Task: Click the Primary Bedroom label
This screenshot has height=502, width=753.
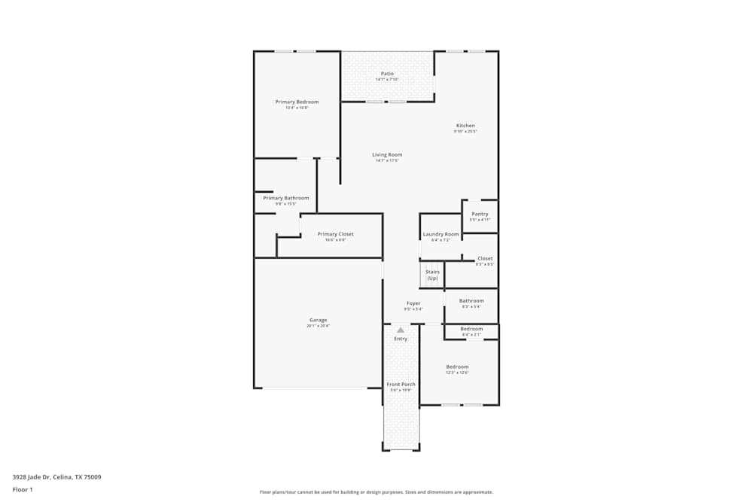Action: pyautogui.click(x=297, y=102)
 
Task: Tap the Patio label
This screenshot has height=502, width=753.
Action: pyautogui.click(x=387, y=74)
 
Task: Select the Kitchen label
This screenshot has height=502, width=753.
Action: pyautogui.click(x=465, y=126)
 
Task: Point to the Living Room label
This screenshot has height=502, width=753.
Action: pyautogui.click(x=387, y=155)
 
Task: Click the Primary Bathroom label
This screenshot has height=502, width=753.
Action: pyautogui.click(x=285, y=198)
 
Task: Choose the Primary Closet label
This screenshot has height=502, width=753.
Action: pyautogui.click(x=335, y=234)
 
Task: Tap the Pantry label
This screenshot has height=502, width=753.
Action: pyautogui.click(x=480, y=214)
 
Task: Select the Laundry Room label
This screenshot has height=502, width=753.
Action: pyautogui.click(x=441, y=234)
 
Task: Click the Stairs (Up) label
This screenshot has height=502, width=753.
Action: pyautogui.click(x=432, y=275)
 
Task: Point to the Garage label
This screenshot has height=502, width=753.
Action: pyautogui.click(x=318, y=320)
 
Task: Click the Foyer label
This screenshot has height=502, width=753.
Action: pyautogui.click(x=413, y=303)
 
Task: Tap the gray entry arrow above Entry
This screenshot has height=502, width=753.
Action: pyautogui.click(x=401, y=330)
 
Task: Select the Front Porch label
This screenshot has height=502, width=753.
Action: pyautogui.click(x=401, y=385)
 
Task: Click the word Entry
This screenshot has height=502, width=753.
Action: pyautogui.click(x=401, y=339)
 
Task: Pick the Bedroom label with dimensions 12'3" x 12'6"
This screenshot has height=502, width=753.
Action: pyautogui.click(x=457, y=367)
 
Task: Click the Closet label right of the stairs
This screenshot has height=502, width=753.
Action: pyautogui.click(x=485, y=258)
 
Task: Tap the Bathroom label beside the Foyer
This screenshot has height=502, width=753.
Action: pyautogui.click(x=471, y=300)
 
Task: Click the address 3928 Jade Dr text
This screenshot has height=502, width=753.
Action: pyautogui.click(x=56, y=476)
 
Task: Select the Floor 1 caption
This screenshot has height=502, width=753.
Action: pyautogui.click(x=22, y=489)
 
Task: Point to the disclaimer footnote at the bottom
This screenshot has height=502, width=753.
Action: pyautogui.click(x=376, y=491)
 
